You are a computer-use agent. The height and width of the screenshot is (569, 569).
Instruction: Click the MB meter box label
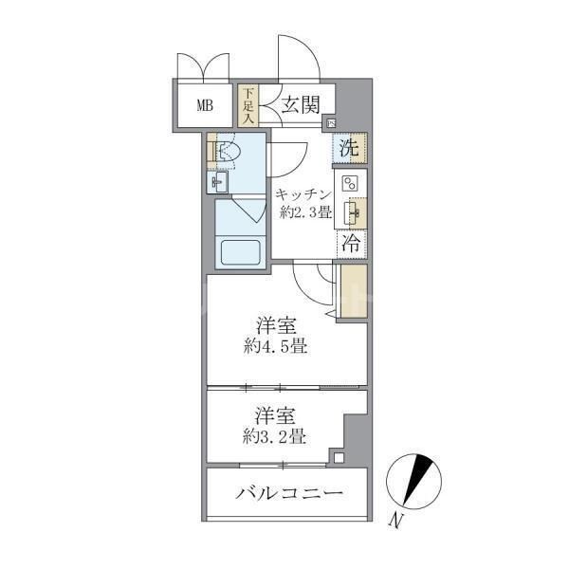205,105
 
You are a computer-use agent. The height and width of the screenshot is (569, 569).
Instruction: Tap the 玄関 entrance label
300,104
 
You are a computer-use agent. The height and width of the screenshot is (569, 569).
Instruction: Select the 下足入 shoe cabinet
248,106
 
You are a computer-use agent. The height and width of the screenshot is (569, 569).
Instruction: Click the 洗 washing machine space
349,148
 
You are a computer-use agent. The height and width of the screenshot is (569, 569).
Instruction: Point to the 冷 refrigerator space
349,241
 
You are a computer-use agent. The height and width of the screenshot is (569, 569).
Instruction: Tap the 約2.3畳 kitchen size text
304,212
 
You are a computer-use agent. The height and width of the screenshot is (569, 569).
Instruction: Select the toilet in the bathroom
228,152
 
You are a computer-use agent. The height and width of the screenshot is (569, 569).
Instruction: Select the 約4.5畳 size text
273,346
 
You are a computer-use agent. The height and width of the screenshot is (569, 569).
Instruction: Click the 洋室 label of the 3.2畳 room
273,415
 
